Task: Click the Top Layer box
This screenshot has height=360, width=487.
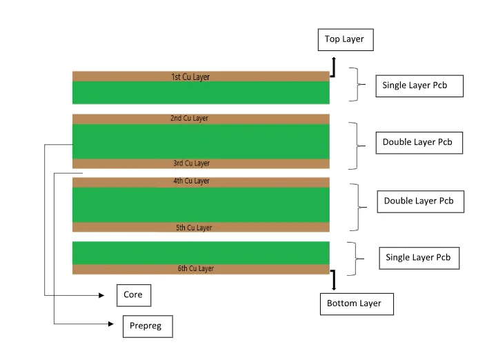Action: point(345,40)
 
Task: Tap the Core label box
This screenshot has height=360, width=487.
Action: point(133,295)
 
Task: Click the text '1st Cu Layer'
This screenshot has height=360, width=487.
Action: point(190,77)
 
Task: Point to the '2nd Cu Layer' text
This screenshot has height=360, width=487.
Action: point(189,119)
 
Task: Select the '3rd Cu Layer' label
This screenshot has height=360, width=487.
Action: point(191,163)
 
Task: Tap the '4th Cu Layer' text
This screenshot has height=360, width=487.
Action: point(191,181)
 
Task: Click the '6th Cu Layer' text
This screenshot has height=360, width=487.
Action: point(195,268)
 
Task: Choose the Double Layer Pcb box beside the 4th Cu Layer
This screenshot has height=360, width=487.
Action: point(421,201)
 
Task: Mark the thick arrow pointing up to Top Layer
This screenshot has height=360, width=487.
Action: point(333,66)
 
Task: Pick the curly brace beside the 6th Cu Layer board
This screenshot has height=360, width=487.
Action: point(355,258)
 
